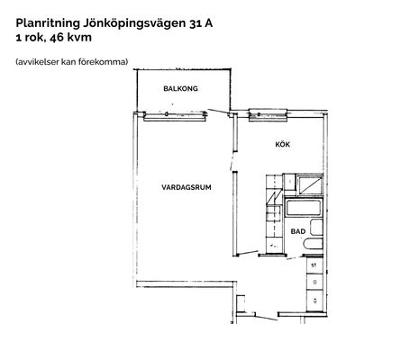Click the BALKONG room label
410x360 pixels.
tap(180, 88)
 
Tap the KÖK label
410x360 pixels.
tap(283, 144)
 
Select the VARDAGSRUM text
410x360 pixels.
tap(187, 187)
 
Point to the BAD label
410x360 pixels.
tap(298, 231)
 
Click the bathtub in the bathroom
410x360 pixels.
tap(303, 208)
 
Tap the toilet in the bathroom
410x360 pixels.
tap(313, 244)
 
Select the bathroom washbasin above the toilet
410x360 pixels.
tap(316, 227)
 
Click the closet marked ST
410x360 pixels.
tap(314, 265)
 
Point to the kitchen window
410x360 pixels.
tap(269, 115)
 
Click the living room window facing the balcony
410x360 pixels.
tap(175, 116)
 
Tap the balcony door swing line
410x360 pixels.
tap(219, 112)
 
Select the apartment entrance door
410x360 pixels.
tap(266, 318)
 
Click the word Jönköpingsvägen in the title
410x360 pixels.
tap(134, 23)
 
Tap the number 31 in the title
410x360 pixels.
tap(196, 23)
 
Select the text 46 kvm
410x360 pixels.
tap(70, 38)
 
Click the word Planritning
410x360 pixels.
tap(48, 23)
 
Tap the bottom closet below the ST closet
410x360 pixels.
tap(314, 301)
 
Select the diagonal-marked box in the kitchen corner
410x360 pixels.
tap(310, 185)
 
